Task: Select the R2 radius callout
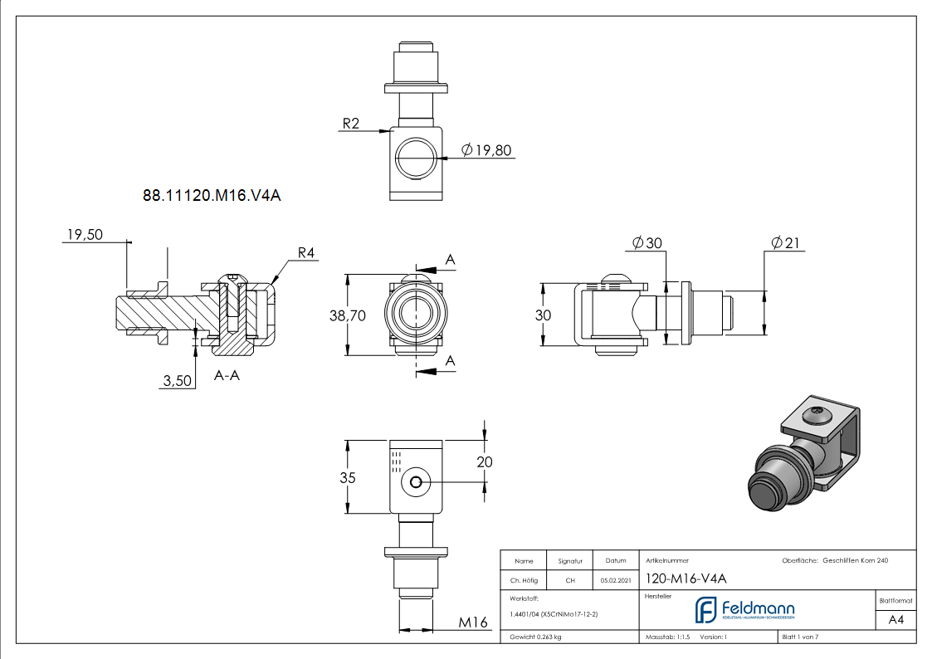coord(350,124)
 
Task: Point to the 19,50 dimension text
coord(83,235)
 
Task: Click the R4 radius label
coord(308,253)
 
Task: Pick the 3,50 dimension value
coord(178,380)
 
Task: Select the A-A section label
coord(227,376)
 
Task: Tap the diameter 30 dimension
coord(647,243)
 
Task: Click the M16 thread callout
coord(473,622)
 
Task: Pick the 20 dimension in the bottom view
coord(485,461)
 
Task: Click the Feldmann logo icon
coord(705,609)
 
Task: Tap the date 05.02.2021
coord(615,580)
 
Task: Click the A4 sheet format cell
coord(896,620)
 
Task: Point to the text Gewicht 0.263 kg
coord(536,637)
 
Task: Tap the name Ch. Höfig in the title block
coord(524,580)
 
